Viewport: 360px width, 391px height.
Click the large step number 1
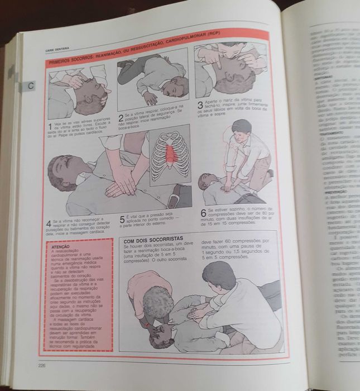(x=50, y=127)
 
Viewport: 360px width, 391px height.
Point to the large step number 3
(x=200, y=106)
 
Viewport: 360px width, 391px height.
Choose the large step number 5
(x=122, y=220)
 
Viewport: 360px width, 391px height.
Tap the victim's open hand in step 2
(x=150, y=99)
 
